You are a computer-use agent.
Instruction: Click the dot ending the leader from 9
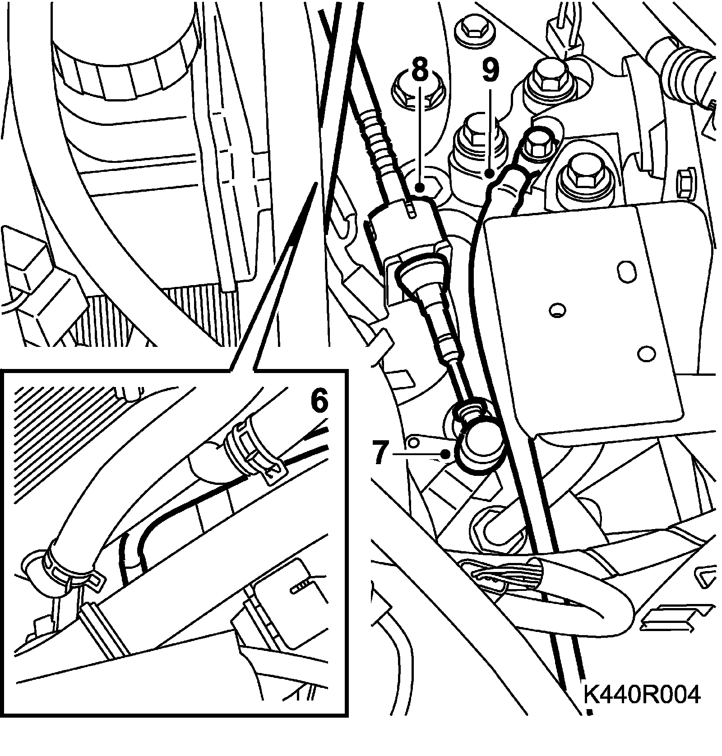tap(489, 174)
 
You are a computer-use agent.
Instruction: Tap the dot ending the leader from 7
tap(446, 454)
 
